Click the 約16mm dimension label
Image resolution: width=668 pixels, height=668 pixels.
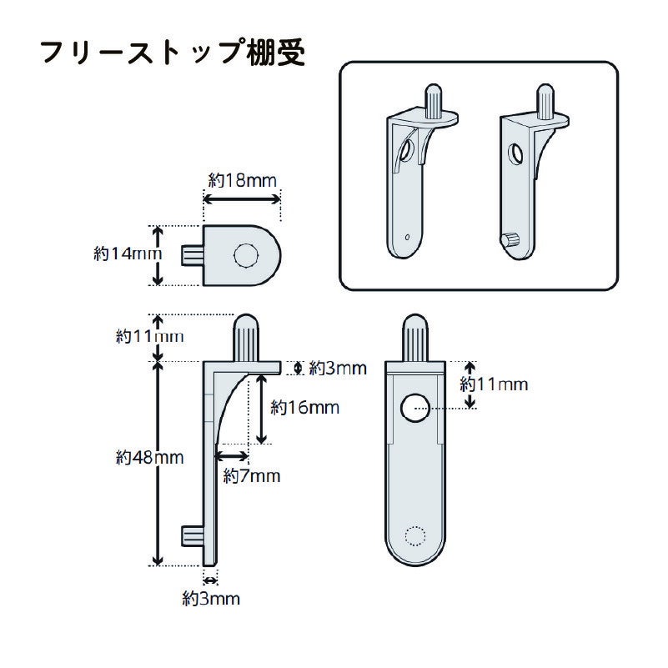click(304, 407)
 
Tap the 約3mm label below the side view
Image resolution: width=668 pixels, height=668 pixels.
click(212, 597)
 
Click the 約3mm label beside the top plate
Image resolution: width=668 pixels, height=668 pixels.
click(338, 367)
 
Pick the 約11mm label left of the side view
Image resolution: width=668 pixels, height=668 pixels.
click(149, 336)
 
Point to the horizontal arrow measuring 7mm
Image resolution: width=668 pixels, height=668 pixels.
click(232, 456)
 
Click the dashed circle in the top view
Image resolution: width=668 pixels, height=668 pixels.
click(247, 256)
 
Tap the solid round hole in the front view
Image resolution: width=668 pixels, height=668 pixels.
click(414, 408)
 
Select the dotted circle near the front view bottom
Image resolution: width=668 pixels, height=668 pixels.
click(414, 536)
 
